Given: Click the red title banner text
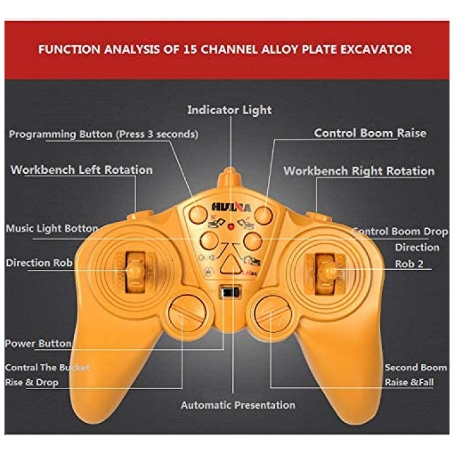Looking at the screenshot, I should tap(224, 49).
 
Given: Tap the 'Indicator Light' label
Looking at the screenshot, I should tap(230, 110).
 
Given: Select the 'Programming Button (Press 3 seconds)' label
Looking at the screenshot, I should tap(104, 134).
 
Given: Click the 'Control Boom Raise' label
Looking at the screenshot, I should tap(370, 133).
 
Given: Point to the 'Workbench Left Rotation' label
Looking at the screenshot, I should tap(82, 170).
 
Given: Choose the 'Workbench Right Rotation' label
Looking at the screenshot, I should tap(359, 171).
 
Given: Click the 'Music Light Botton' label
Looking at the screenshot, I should tap(52, 228).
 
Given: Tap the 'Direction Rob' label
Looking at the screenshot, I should tap(39, 263).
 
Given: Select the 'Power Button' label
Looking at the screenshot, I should tap(38, 343).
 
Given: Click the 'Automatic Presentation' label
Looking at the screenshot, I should tap(237, 405).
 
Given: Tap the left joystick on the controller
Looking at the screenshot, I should tap(135, 267).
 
